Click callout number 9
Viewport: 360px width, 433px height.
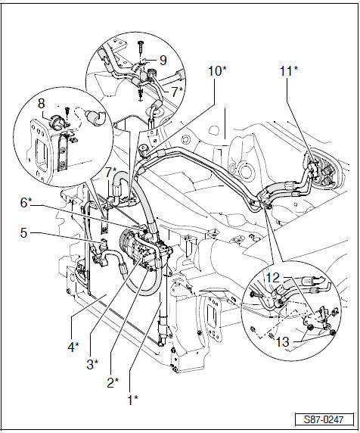[163, 61]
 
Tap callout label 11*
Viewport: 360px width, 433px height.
[289, 71]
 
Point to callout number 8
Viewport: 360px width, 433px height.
[41, 104]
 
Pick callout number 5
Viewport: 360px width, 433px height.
[23, 233]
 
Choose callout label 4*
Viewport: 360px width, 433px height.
[73, 347]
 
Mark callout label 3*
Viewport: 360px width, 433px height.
[92, 365]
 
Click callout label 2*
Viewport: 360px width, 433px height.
[113, 382]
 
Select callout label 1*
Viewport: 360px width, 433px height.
[132, 400]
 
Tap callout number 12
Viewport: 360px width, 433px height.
[273, 278]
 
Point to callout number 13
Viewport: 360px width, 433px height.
[283, 342]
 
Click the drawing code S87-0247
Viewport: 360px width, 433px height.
[324, 420]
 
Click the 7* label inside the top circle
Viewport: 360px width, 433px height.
[178, 92]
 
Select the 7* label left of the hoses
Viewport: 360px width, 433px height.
[111, 173]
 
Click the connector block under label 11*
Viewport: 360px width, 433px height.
[314, 169]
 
